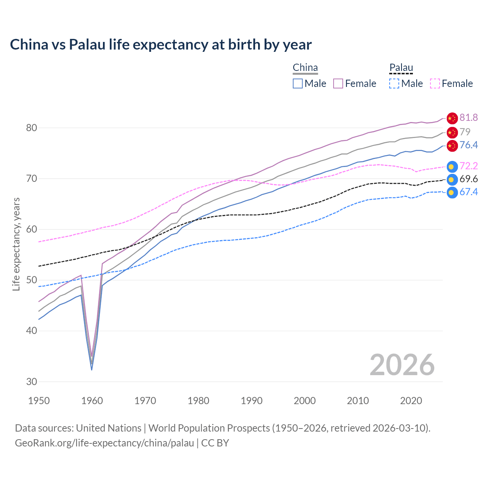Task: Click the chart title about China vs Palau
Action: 161,45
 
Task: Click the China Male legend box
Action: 298,83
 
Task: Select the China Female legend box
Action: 338,83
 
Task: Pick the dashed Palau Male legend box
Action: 394,83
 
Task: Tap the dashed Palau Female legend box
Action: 435,83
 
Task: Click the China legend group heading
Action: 305,68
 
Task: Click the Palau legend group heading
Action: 401,68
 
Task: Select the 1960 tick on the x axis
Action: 92,401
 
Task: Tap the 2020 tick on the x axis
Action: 411,401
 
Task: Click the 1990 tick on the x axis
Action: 252,401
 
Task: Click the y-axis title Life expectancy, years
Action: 16,244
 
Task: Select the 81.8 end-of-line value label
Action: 469,118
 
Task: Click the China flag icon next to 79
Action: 452,133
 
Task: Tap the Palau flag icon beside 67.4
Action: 452,193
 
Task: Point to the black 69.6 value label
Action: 469,179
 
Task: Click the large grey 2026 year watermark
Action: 402,365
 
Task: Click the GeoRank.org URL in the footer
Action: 104,443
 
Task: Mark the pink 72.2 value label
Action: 469,166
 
